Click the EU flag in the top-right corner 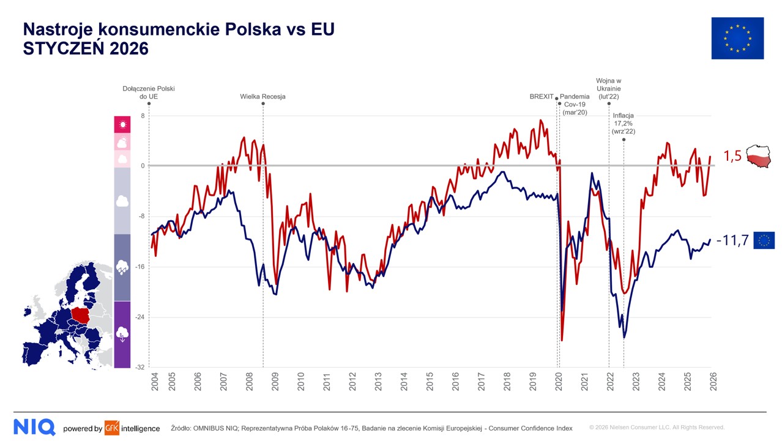[x=737, y=38]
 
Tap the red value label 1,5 [x=732, y=157]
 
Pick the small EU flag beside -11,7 [x=764, y=240]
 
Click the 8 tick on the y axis [x=143, y=116]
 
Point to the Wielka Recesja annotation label [x=263, y=97]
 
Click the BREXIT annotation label [x=541, y=97]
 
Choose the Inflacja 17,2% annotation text [x=624, y=123]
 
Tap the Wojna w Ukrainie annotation [x=608, y=89]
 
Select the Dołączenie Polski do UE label [x=149, y=92]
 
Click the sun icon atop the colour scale [x=122, y=125]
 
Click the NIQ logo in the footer [x=34, y=427]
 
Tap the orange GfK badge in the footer [x=112, y=428]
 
